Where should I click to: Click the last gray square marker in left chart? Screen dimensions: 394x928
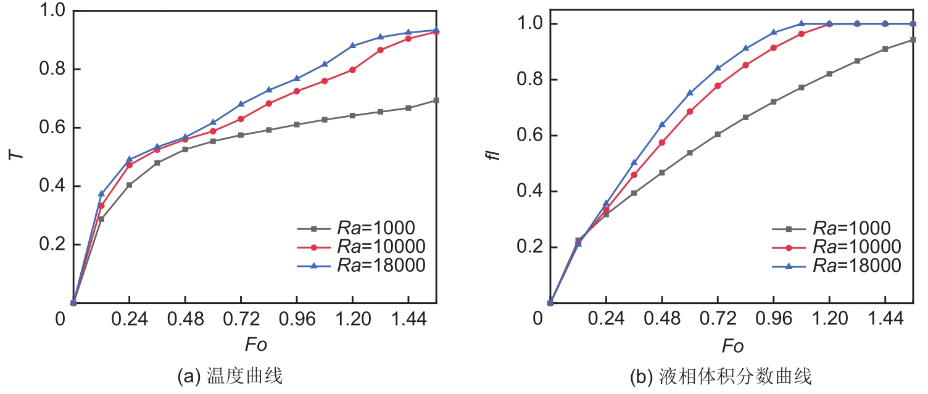(436, 100)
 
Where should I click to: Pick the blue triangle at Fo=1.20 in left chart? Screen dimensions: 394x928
(352, 46)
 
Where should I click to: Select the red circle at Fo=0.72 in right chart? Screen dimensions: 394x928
(718, 86)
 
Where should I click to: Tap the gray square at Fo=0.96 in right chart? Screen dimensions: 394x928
(773, 102)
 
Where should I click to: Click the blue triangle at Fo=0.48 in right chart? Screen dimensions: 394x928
(662, 125)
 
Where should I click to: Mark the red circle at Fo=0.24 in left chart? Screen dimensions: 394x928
(130, 165)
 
